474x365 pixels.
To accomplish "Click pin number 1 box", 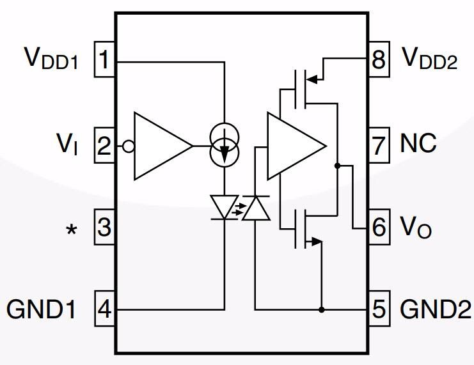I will [x=105, y=61].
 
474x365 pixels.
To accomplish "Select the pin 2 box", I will [x=105, y=145].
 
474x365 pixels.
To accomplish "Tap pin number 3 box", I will [x=105, y=227].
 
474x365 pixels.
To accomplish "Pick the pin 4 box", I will [x=105, y=310].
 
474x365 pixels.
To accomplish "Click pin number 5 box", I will [x=379, y=310].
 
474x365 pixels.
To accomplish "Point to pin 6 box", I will [x=379, y=227].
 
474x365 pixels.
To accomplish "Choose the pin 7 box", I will [x=379, y=145].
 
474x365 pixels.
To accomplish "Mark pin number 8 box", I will [x=379, y=61].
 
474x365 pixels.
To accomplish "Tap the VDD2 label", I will [x=429, y=59].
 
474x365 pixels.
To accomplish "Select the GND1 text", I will [x=42, y=310].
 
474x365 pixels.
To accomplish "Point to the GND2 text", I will [x=432, y=310].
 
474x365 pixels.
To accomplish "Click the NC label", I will [x=418, y=144].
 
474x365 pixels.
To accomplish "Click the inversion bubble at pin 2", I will [x=128, y=146].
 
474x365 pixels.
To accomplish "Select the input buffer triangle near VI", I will [x=160, y=146].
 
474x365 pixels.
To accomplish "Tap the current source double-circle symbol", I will [x=225, y=146].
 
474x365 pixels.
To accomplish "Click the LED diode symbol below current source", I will [x=225, y=207].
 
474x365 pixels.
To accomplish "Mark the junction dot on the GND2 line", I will [x=322, y=310].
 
